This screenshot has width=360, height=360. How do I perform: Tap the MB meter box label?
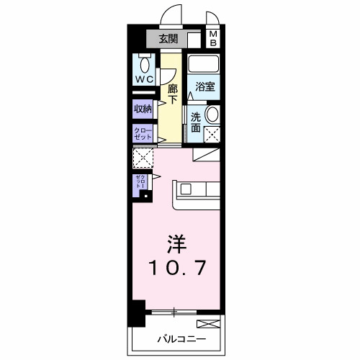tap(215, 38)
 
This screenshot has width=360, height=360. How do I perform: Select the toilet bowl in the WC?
tap(143, 60)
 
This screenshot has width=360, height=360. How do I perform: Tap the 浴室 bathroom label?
tap(205, 87)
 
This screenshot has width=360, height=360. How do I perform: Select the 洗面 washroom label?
tap(197, 120)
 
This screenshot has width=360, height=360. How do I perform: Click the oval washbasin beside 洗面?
tap(213, 114)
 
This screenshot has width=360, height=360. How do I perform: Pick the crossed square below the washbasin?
tap(213, 133)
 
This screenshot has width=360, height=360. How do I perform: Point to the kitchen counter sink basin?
tap(185, 190)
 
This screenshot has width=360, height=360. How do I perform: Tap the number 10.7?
tap(179, 269)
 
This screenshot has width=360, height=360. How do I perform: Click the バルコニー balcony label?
tap(179, 338)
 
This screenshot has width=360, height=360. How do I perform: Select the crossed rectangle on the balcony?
tap(208, 324)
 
